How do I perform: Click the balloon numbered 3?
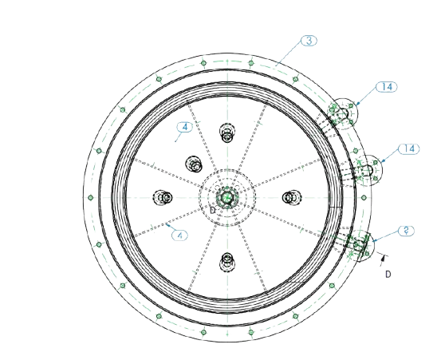[309, 41]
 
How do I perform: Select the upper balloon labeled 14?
[387, 87]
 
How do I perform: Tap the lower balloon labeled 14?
[409, 148]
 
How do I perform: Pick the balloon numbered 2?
[407, 231]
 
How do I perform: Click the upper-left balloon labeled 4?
[185, 127]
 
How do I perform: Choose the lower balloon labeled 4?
[179, 235]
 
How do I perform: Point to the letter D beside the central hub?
[213, 210]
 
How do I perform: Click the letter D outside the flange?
[388, 274]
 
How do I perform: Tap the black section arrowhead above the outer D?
[383, 257]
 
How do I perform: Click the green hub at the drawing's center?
[226, 198]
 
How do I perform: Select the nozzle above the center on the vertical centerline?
[227, 133]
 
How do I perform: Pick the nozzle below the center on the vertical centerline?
[227, 262]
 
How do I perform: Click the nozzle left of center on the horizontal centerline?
[163, 198]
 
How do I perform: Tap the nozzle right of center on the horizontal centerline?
[291, 198]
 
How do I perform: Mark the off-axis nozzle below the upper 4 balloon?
[194, 164]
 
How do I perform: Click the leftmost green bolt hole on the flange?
[91, 198]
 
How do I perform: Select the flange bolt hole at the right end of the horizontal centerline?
[364, 198]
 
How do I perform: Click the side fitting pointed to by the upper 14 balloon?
[342, 113]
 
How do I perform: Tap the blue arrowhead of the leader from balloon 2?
[374, 241]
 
